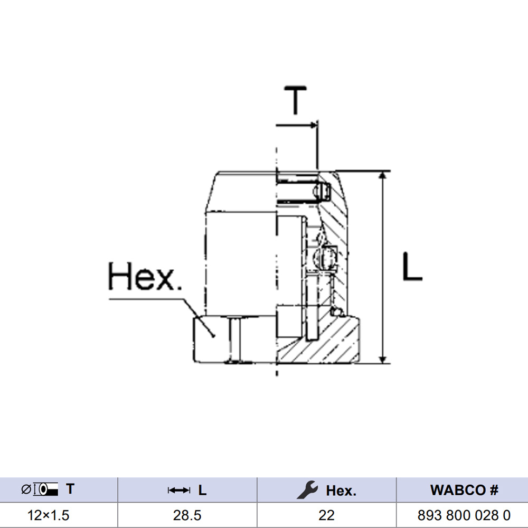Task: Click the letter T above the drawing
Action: (x=295, y=100)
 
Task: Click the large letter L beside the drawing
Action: (x=412, y=266)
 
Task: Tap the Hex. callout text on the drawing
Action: (x=145, y=277)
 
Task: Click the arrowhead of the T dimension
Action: (x=314, y=125)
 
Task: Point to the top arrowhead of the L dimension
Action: (x=382, y=175)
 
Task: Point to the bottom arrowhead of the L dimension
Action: (x=382, y=359)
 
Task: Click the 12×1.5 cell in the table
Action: (x=48, y=515)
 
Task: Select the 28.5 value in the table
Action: (x=187, y=515)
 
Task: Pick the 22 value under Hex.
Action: (x=326, y=515)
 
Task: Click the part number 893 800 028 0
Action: (x=464, y=515)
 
